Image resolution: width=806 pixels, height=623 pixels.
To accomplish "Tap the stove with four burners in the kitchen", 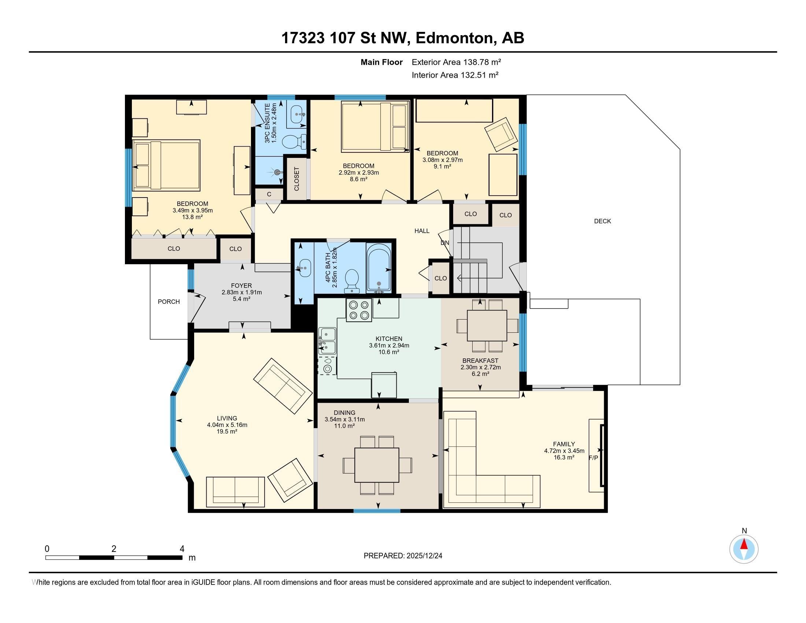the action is click(x=359, y=310).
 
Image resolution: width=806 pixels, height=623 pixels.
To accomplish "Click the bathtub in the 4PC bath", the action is click(x=379, y=268).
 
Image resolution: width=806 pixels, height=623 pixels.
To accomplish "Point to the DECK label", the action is click(x=602, y=221).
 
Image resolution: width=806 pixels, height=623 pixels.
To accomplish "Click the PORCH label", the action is click(x=169, y=302).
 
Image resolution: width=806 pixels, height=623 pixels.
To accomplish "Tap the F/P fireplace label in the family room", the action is click(x=593, y=458).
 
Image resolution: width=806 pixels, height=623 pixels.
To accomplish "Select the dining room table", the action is click(x=377, y=465).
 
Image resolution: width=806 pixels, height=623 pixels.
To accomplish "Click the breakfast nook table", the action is click(x=487, y=325).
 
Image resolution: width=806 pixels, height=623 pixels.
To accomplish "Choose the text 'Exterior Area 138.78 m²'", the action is click(x=456, y=62).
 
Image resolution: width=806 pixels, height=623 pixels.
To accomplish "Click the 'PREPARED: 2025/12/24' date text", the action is click(x=403, y=556).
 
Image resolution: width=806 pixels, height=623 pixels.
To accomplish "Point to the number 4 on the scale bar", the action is click(x=182, y=549).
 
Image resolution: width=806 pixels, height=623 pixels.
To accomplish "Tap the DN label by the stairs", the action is click(x=445, y=243).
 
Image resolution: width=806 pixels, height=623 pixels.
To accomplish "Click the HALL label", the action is click(x=422, y=231).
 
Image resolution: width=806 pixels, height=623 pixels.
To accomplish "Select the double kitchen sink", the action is click(x=327, y=341).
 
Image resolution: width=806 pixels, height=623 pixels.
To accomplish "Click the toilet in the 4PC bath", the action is click(x=352, y=281).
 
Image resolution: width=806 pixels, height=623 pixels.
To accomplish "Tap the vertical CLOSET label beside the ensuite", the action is click(x=296, y=179).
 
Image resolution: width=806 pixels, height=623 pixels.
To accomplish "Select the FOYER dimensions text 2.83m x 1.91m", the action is click(x=242, y=292).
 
